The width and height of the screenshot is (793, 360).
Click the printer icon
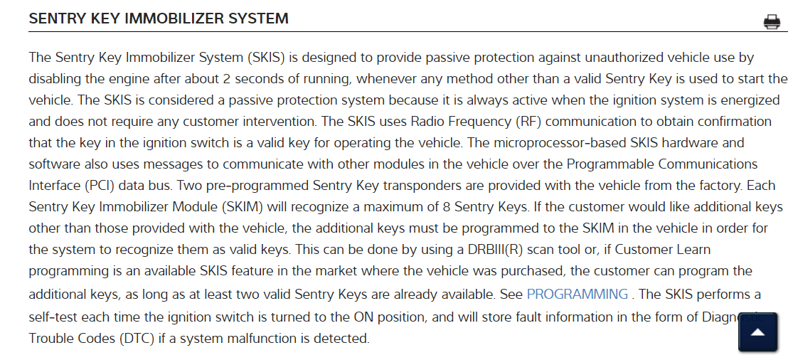(x=772, y=22)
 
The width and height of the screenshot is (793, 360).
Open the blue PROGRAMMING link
(x=577, y=294)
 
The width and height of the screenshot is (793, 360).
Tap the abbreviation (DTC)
(x=143, y=339)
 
